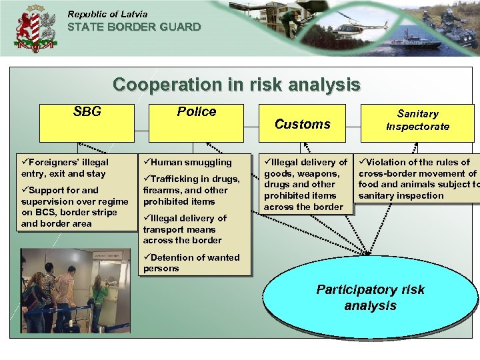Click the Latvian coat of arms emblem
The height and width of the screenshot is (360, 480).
(x=35, y=29)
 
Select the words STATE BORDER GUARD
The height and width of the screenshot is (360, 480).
(x=134, y=27)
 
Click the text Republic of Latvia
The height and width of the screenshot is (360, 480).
(x=107, y=14)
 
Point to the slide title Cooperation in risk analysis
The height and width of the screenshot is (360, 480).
(x=236, y=85)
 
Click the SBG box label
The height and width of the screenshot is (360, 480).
(x=87, y=112)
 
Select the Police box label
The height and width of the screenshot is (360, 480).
(x=196, y=112)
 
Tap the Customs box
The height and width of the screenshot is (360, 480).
(x=303, y=124)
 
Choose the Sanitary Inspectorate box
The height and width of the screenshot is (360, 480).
(x=417, y=120)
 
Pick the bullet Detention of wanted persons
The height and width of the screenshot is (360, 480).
(x=191, y=263)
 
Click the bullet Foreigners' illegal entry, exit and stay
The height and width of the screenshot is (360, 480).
(x=64, y=167)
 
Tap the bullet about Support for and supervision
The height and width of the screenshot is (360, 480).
(x=73, y=207)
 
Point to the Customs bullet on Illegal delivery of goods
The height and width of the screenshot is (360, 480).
(x=305, y=184)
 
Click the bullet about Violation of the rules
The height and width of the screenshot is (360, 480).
(x=417, y=179)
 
